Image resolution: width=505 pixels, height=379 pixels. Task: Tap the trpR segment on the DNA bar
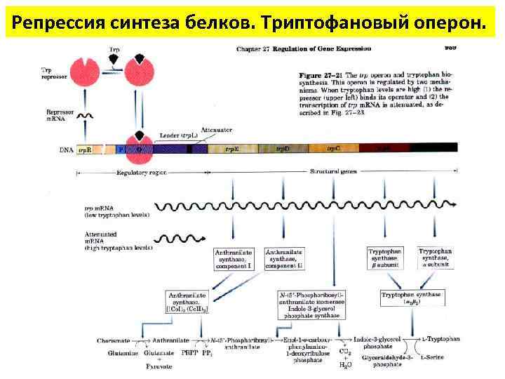(x=85, y=149)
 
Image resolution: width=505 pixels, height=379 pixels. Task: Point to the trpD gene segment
(x=282, y=149)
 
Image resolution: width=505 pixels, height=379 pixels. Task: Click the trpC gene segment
(x=334, y=149)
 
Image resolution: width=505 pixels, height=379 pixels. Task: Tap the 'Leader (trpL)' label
(x=175, y=135)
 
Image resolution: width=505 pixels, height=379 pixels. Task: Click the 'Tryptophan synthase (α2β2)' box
(x=411, y=299)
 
